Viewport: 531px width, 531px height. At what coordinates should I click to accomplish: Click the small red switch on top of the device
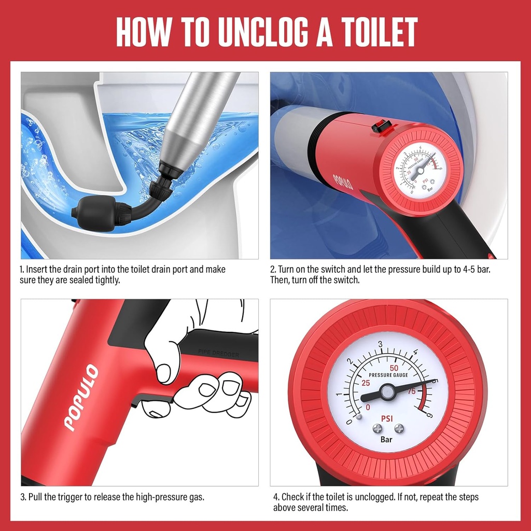382,126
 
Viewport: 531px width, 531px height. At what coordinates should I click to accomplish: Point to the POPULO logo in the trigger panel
81,398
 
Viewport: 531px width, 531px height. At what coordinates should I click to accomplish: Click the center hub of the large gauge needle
387,392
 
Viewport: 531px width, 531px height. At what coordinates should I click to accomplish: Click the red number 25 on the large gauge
367,384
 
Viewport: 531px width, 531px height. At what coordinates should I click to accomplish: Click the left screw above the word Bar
378,428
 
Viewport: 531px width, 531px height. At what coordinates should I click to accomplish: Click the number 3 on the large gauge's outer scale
381,344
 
